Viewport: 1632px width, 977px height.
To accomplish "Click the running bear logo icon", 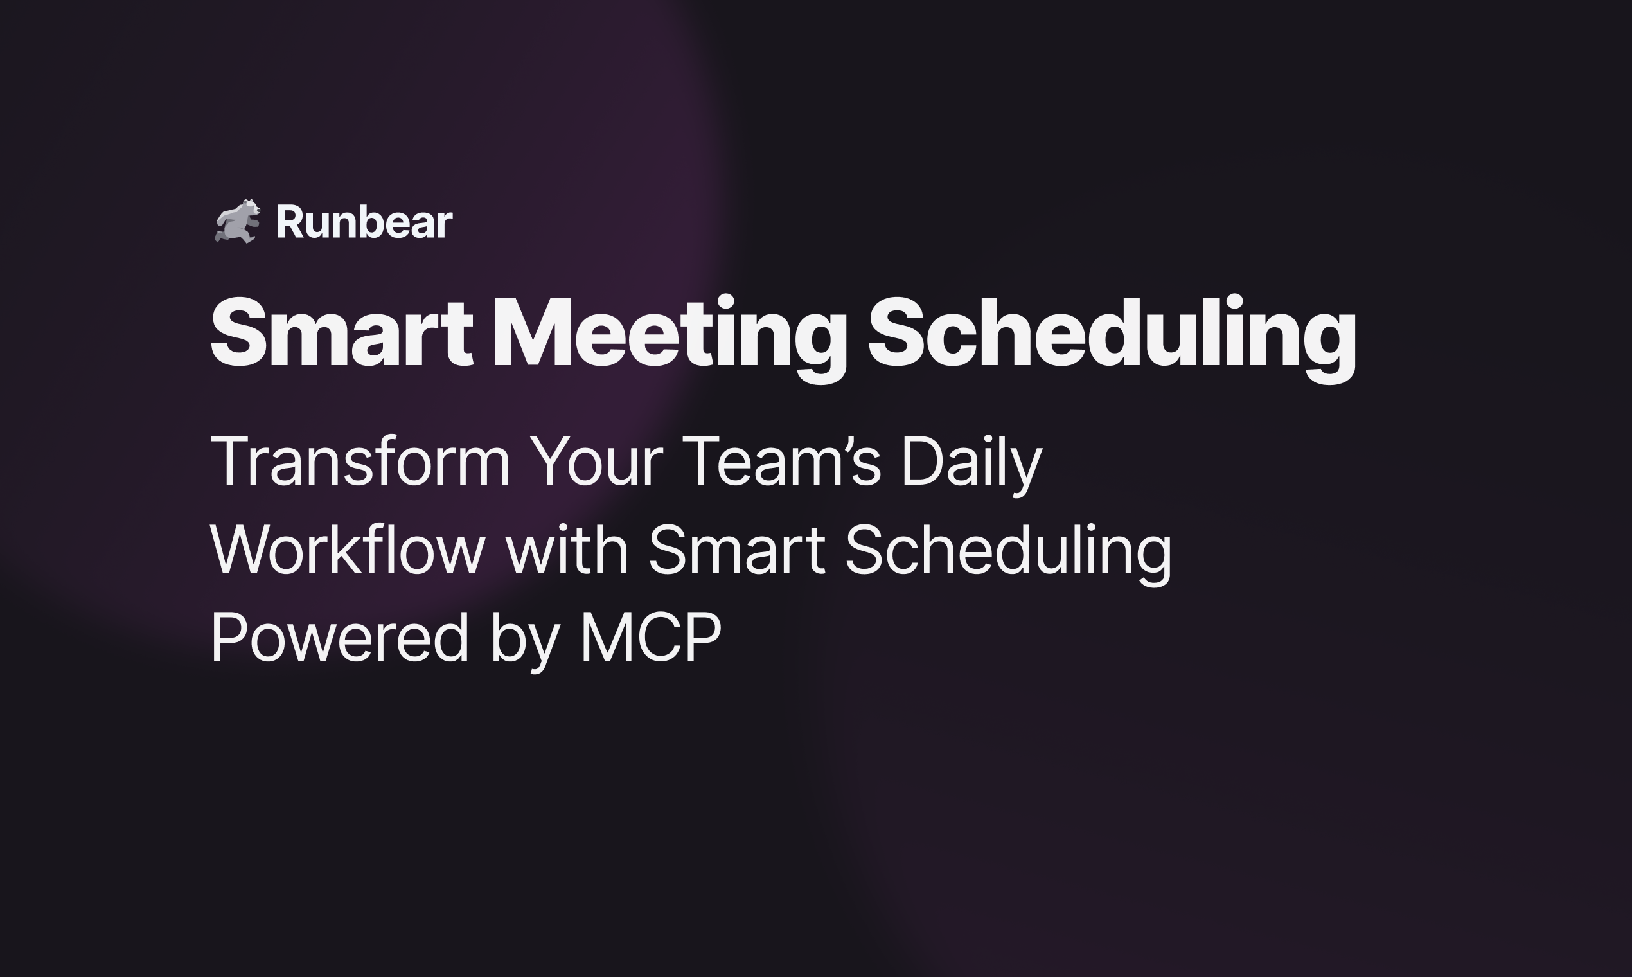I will tap(238, 221).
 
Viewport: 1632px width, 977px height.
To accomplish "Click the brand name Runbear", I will tap(364, 222).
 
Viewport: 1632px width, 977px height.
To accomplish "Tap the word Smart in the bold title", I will tap(341, 332).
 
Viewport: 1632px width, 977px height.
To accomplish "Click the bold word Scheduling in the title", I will tap(1112, 332).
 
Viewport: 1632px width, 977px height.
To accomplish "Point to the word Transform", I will tap(360, 462).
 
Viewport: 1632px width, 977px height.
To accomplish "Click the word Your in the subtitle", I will tap(596, 462).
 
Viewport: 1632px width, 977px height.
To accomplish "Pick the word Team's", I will tap(781, 462).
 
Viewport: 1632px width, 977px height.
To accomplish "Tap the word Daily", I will tap(971, 462).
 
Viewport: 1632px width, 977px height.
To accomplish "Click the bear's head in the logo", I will tap(250, 210).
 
